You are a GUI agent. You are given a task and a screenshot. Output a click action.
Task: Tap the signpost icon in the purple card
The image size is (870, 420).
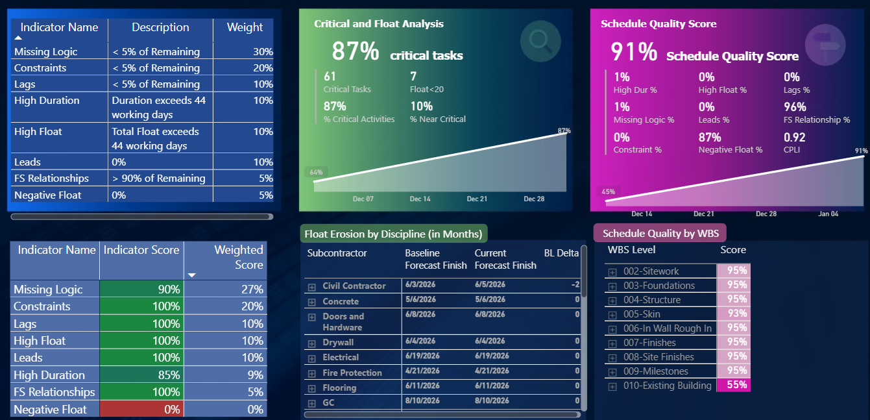click(x=825, y=43)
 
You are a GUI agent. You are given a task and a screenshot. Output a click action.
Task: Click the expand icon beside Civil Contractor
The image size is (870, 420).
click(x=311, y=286)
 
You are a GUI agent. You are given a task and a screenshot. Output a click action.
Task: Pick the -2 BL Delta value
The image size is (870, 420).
click(x=575, y=285)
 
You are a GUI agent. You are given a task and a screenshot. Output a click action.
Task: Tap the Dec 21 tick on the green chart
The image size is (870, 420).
click(x=477, y=199)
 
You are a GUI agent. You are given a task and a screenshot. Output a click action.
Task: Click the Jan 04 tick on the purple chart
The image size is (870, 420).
click(x=828, y=214)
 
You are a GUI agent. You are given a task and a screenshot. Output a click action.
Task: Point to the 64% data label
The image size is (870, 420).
click(x=316, y=172)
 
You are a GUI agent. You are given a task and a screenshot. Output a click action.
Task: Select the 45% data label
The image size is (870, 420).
click(x=608, y=191)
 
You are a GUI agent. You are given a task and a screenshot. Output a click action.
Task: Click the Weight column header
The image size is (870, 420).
click(x=245, y=27)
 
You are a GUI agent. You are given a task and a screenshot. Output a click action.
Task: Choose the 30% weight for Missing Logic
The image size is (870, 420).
click(x=263, y=52)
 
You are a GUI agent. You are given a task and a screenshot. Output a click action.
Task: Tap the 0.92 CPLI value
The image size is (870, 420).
click(x=794, y=137)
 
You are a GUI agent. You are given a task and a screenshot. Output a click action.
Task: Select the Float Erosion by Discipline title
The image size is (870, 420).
click(x=393, y=234)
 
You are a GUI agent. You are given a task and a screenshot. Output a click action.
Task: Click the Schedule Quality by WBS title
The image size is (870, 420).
click(x=659, y=234)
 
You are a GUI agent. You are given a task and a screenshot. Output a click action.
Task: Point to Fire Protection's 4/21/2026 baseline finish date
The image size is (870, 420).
click(x=420, y=372)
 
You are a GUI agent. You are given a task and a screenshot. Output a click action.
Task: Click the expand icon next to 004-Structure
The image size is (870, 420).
click(x=612, y=300)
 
